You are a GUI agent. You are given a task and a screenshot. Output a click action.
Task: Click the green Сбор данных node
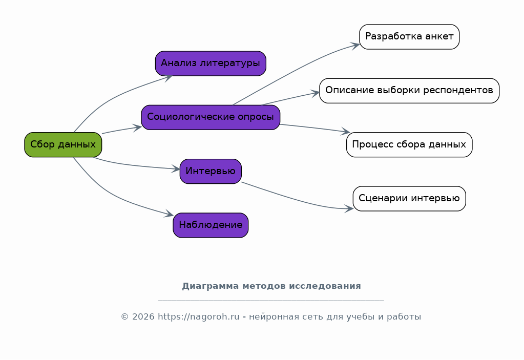point(63,144)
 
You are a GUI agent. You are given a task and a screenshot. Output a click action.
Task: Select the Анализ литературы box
point(211,63)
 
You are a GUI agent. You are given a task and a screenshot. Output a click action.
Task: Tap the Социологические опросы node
point(211,117)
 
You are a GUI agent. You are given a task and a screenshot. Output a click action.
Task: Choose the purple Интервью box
point(211,171)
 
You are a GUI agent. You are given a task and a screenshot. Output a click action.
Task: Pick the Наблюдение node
point(211,225)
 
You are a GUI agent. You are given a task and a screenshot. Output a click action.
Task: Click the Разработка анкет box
point(409,37)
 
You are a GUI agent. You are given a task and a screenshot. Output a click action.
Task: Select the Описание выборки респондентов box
point(409,91)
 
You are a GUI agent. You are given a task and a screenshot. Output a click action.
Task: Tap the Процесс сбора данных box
point(409,144)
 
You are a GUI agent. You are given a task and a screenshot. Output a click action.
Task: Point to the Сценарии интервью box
point(409,198)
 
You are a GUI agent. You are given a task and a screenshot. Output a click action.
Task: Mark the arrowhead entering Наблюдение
point(170,215)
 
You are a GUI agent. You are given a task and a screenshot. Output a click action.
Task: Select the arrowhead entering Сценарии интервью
point(349,208)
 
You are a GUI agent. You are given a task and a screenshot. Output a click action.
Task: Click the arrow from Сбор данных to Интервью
point(133,165)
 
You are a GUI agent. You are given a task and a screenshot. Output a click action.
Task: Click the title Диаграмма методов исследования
point(271,286)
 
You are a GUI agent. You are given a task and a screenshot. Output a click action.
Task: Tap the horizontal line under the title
point(271,301)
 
